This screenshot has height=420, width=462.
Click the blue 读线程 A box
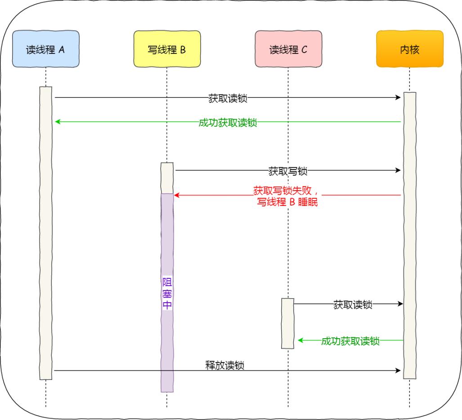tap(45, 49)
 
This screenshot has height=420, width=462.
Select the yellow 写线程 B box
tap(167, 49)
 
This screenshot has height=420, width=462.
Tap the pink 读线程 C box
tap(288, 49)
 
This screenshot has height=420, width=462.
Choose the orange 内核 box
tap(409, 49)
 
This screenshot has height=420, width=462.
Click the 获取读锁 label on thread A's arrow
tap(228, 98)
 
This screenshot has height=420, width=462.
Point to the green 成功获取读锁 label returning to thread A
tap(228, 122)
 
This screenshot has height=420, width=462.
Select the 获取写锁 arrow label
tap(288, 171)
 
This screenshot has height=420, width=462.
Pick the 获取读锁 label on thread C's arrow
tap(353, 304)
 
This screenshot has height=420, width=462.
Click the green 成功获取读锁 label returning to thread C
tap(350, 341)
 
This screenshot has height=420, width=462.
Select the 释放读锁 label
tap(225, 365)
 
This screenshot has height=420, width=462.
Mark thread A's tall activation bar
tap(45, 234)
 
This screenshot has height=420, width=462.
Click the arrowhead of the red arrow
tap(177, 195)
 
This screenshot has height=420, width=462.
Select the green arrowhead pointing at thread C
tap(301, 340)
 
